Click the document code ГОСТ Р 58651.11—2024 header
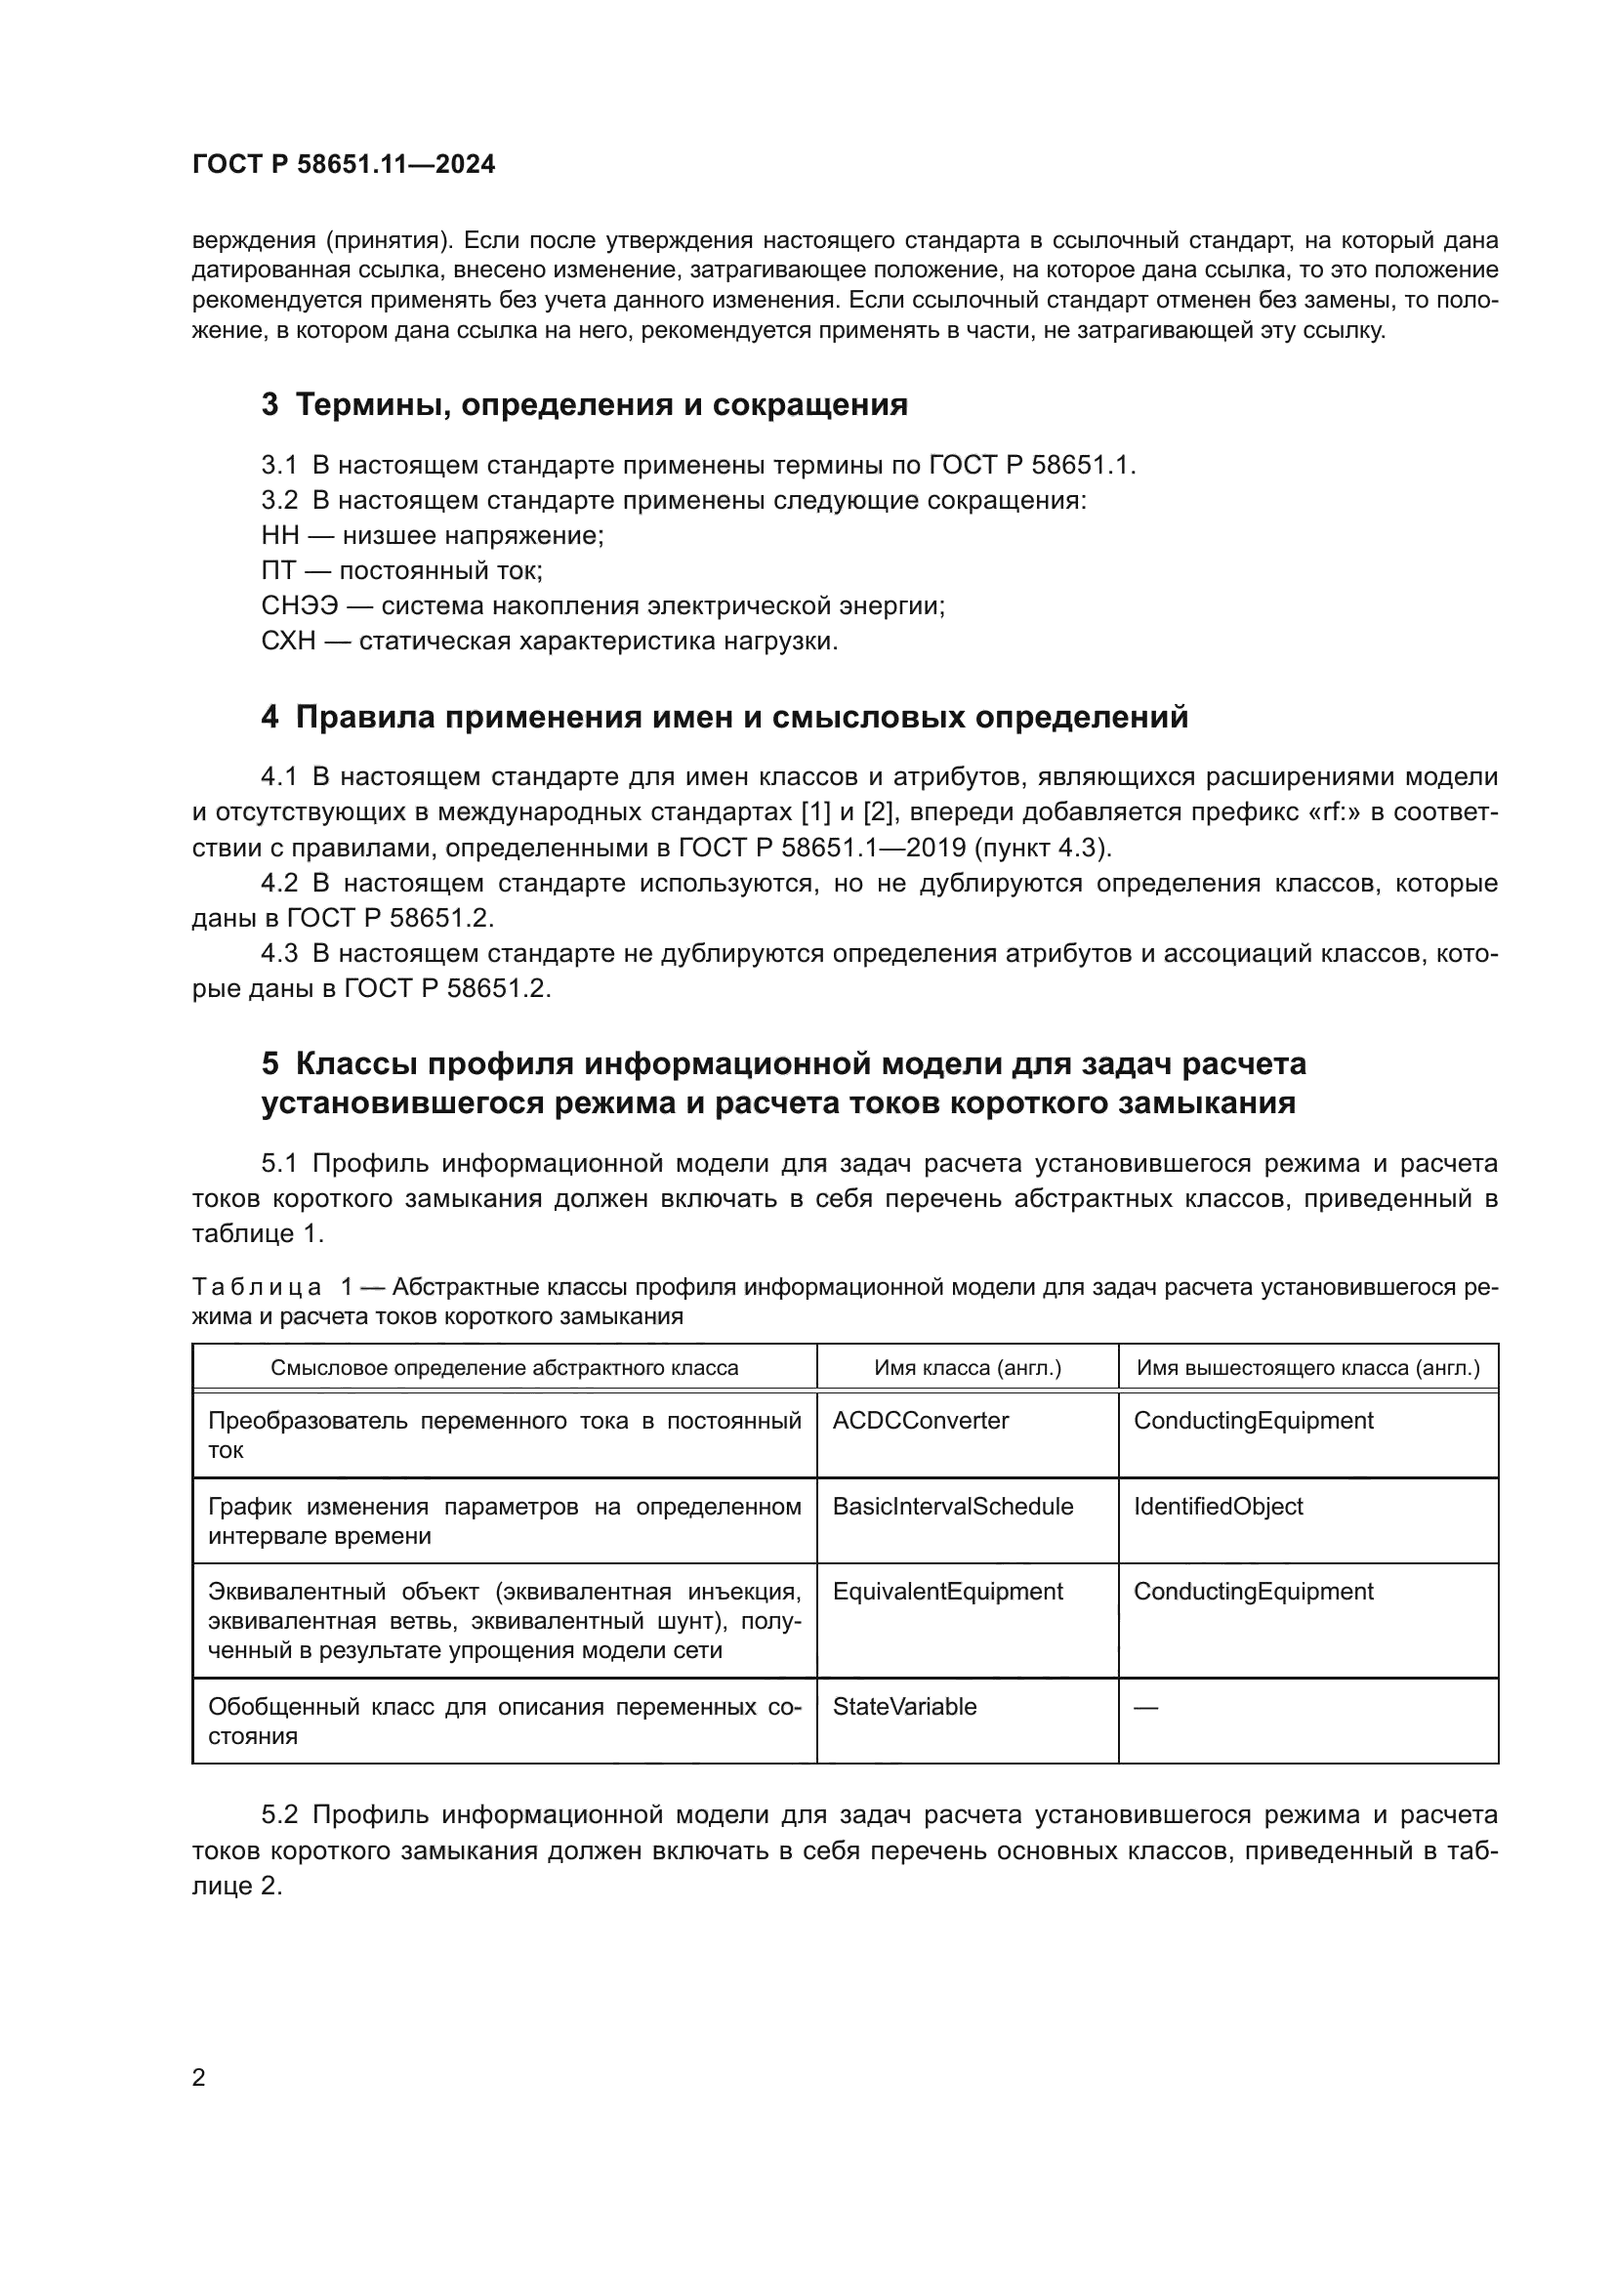[343, 165]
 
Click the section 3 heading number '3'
[269, 405]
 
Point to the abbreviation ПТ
[278, 571]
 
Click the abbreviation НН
[279, 535]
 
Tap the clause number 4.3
[279, 954]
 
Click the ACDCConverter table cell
[920, 1421]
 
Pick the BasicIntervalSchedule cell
[953, 1506]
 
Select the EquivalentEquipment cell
[947, 1592]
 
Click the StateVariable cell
[904, 1707]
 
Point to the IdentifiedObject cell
[1218, 1506]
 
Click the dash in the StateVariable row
[1145, 1708]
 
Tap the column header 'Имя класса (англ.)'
[967, 1368]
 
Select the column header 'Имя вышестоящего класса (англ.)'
[1307, 1368]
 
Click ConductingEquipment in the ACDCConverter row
[1252, 1421]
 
